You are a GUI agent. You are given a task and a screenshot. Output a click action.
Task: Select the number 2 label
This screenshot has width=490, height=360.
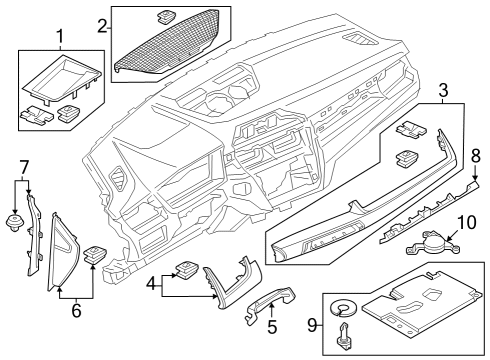point(103,24)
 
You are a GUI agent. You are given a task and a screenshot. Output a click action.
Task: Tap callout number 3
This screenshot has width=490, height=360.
point(441,92)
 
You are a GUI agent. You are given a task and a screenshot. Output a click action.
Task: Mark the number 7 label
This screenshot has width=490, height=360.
point(24,164)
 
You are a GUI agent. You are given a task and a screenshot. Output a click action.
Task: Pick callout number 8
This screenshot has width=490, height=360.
point(476,155)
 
